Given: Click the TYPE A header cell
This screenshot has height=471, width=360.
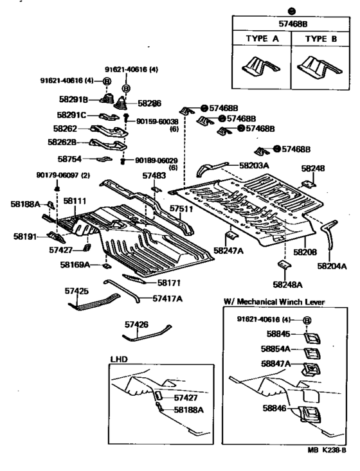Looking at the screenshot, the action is click(262, 39).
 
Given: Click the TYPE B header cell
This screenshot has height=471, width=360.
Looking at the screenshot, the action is click(321, 39).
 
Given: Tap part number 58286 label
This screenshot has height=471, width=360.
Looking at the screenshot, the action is click(149, 103).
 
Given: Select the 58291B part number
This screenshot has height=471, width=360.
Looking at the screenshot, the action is click(73, 100).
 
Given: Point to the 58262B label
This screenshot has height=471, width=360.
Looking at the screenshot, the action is click(62, 142).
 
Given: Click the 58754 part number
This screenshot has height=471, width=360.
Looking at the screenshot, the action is click(69, 159).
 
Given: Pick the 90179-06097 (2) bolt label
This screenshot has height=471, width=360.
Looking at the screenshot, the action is click(63, 175).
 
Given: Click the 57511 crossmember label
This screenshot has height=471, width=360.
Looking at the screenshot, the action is click(181, 208).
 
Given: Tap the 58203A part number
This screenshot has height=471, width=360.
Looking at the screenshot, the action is click(254, 165).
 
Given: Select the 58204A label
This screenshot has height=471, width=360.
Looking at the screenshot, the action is click(332, 266).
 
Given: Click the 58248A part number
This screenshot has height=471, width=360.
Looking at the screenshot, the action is click(287, 285).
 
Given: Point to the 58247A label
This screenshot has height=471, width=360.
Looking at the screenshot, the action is click(228, 251).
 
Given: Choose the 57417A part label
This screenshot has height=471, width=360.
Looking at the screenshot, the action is click(167, 299).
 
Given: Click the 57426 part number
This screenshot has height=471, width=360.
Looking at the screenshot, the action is click(136, 324).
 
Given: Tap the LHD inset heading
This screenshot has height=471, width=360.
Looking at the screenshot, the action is click(119, 359).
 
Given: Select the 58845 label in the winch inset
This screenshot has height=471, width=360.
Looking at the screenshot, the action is click(278, 333).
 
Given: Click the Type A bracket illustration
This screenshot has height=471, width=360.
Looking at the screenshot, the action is click(260, 67).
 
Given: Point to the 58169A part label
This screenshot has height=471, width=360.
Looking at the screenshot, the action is click(75, 265).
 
